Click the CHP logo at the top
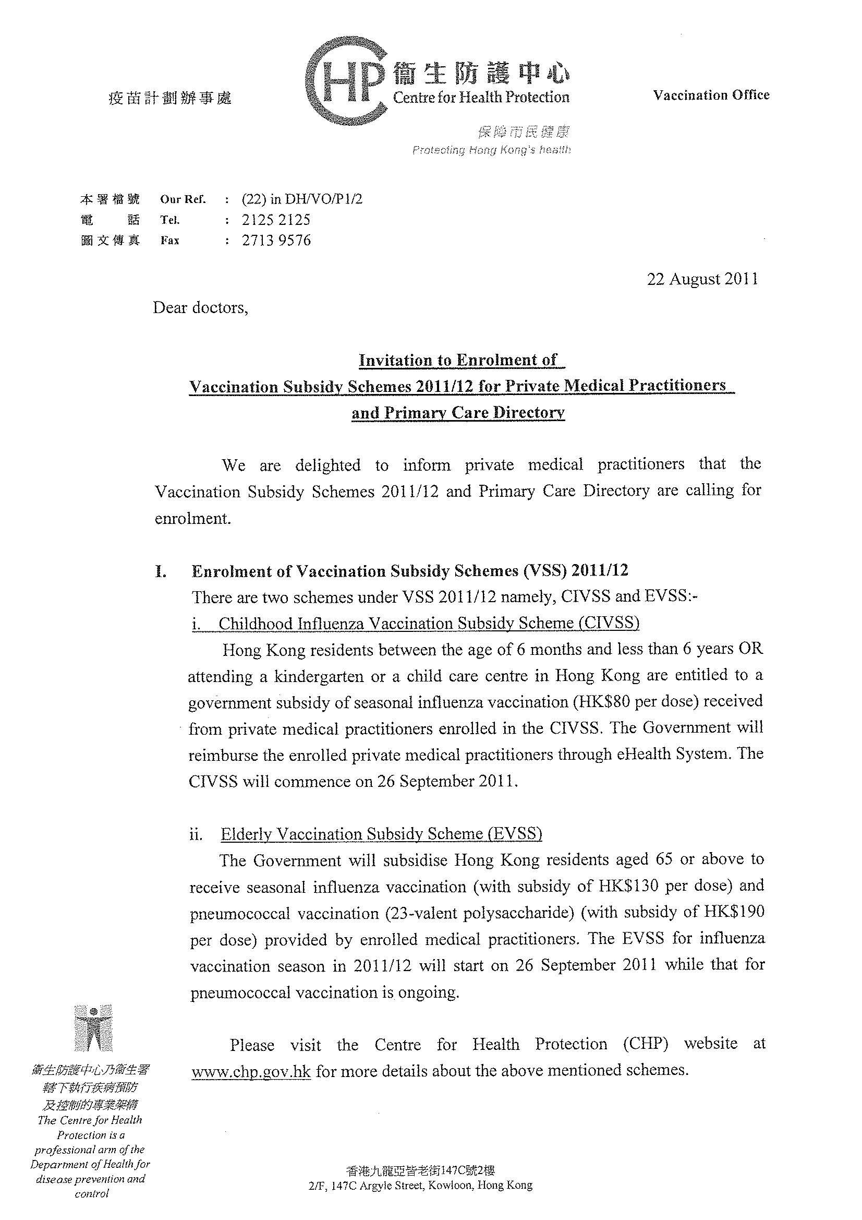point(345,81)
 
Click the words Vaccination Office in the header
point(711,95)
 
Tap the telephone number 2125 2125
point(276,220)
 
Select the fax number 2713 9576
point(276,241)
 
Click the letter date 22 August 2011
point(702,280)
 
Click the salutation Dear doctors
point(200,308)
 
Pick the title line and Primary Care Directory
point(458,413)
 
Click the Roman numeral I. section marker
point(161,572)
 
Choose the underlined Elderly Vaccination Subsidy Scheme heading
point(381,834)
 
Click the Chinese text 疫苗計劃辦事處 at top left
point(170,98)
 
